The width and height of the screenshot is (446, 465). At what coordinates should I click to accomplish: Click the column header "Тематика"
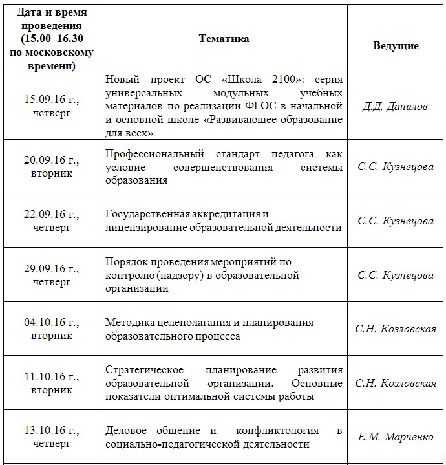click(x=224, y=39)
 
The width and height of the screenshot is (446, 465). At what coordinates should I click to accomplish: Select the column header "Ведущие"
click(x=396, y=46)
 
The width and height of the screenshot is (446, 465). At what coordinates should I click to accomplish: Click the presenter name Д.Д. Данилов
click(x=395, y=106)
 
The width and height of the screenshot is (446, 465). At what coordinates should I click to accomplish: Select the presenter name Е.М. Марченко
click(x=395, y=437)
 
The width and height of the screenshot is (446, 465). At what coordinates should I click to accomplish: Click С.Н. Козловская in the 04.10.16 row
click(x=395, y=329)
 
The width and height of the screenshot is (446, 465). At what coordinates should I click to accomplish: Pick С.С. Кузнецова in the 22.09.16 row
click(x=395, y=221)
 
